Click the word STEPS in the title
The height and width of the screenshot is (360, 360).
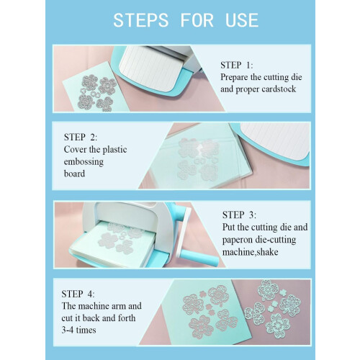(141, 20)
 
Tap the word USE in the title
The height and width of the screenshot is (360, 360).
(242, 20)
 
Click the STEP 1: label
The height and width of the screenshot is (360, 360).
(237, 65)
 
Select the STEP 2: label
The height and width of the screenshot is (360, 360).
(81, 137)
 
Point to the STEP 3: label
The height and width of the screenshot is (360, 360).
(239, 215)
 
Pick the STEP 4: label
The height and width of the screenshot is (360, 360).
(78, 294)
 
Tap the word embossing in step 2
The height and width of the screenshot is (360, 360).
(84, 162)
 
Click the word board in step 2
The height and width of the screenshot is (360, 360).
(74, 174)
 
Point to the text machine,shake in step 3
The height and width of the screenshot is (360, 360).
(250, 252)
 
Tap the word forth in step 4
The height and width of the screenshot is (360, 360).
(127, 318)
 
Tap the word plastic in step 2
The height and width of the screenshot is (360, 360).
(114, 150)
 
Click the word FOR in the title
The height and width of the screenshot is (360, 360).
(197, 20)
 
